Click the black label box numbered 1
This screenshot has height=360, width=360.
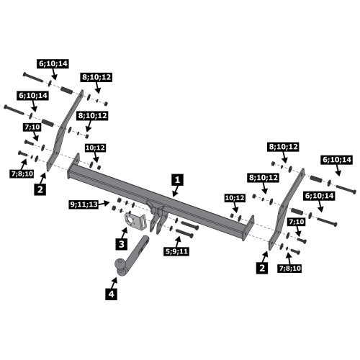coord(177,180)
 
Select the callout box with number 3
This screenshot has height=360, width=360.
coord(122,244)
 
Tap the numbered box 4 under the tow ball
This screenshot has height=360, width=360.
coord(112,294)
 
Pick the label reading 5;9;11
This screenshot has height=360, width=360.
coord(176,251)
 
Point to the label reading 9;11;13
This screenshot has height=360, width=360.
coord(84,204)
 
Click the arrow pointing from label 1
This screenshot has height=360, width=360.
coord(176,191)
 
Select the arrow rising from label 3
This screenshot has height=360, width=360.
coord(125,233)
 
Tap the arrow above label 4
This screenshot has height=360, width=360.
coord(114,282)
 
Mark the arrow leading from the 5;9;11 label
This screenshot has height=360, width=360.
coord(178,242)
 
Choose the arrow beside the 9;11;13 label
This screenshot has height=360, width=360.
coord(104,204)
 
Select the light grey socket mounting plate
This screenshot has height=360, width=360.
coord(135,220)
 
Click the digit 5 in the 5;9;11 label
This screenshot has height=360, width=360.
coord(168,251)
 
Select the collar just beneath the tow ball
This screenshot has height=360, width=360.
coord(120,272)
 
